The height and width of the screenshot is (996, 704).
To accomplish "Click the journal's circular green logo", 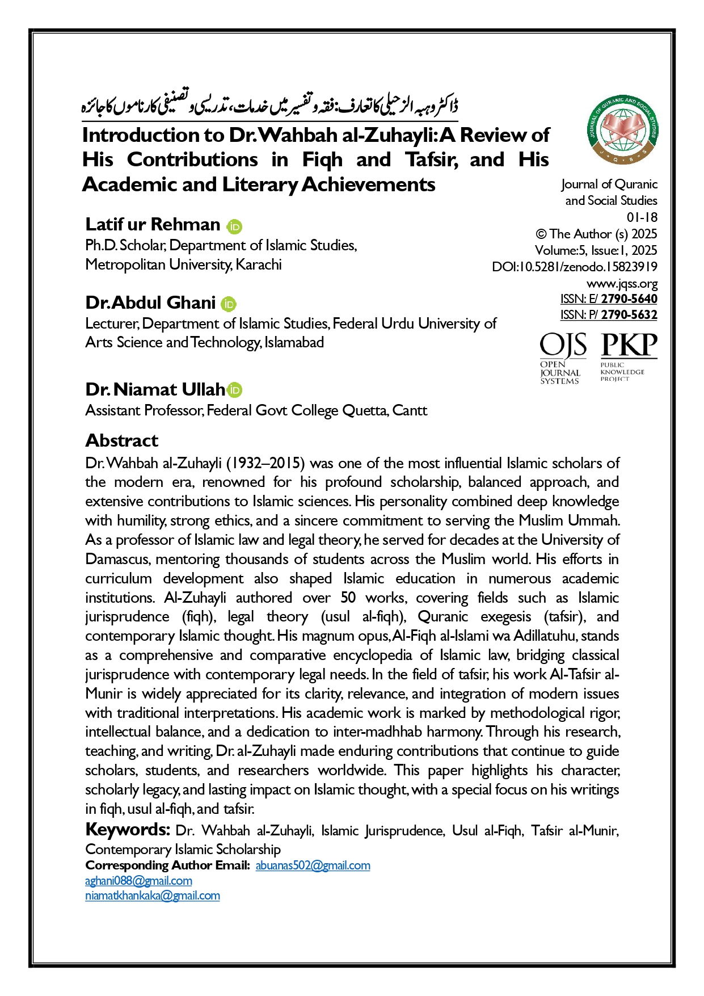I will pos(623,128).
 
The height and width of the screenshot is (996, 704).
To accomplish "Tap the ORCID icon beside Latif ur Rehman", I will pos(234,226).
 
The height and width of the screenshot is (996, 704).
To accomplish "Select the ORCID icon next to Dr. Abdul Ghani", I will pos(229,304).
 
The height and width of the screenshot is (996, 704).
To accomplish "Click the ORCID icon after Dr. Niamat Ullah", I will pos(234,390).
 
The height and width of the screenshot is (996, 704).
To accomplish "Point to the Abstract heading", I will pos(122,440).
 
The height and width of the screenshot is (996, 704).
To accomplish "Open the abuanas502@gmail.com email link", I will pos(313,865).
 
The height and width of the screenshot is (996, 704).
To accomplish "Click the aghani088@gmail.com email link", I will pos(138,881).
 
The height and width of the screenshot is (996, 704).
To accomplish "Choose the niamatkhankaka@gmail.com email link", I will pos(153,896).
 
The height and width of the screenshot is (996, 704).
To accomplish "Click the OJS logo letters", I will pos(563,345).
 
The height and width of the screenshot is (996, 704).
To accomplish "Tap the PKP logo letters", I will pos(629,345).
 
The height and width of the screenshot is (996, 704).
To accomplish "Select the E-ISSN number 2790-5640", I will pos(629,299).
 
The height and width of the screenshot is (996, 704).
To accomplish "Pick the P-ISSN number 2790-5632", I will pos(629,315).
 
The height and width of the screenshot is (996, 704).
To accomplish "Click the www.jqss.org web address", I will pos(622,283).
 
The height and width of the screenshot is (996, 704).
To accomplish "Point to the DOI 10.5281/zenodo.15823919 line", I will pos(575,267).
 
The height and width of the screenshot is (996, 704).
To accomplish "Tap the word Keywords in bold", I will pos(127,830).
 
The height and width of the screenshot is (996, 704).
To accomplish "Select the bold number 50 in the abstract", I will pos(348,598).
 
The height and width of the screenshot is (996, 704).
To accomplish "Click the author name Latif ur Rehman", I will pos(153,225).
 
